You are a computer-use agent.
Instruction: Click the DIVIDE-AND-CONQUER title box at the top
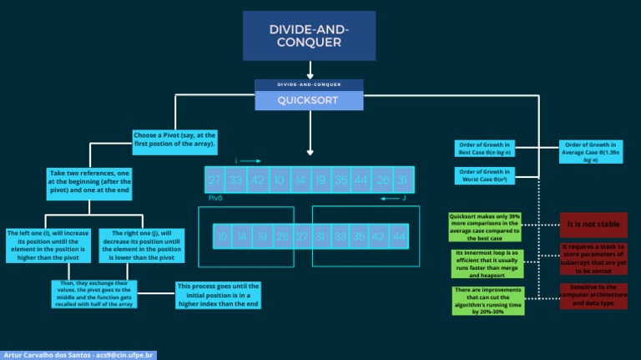coord(310,36)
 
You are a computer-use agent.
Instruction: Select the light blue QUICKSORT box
coord(309,100)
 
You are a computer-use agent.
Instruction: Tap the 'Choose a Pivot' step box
coord(174,139)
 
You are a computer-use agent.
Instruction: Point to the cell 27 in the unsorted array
coord(215,180)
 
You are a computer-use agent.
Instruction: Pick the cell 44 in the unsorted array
coord(361,180)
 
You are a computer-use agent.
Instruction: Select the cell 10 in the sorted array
coord(223,236)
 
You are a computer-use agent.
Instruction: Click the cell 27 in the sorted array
coord(301,236)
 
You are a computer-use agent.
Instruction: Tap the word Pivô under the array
coord(215,199)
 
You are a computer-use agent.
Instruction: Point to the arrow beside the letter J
coord(384,199)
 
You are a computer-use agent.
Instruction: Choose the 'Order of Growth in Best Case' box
coord(485,149)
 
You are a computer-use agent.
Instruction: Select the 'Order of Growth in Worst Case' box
coord(485,175)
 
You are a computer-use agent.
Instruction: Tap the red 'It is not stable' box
coord(593,225)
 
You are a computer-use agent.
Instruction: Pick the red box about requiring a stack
coord(593,258)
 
